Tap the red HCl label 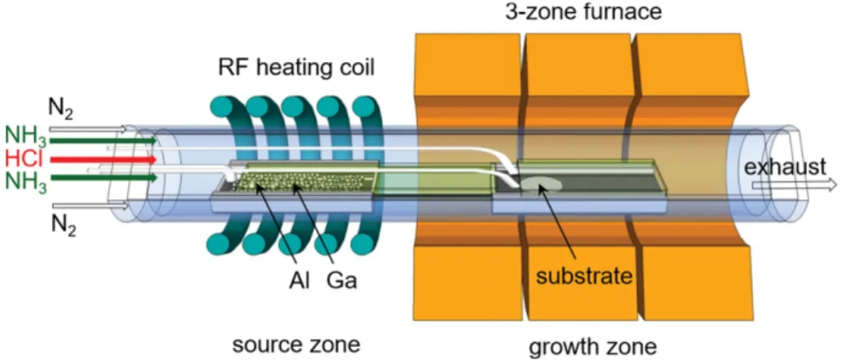[23, 159]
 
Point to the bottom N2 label [64, 224]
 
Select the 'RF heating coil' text [296, 69]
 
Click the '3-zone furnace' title [583, 11]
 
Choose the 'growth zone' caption [592, 347]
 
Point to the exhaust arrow [794, 185]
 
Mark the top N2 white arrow [88, 129]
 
